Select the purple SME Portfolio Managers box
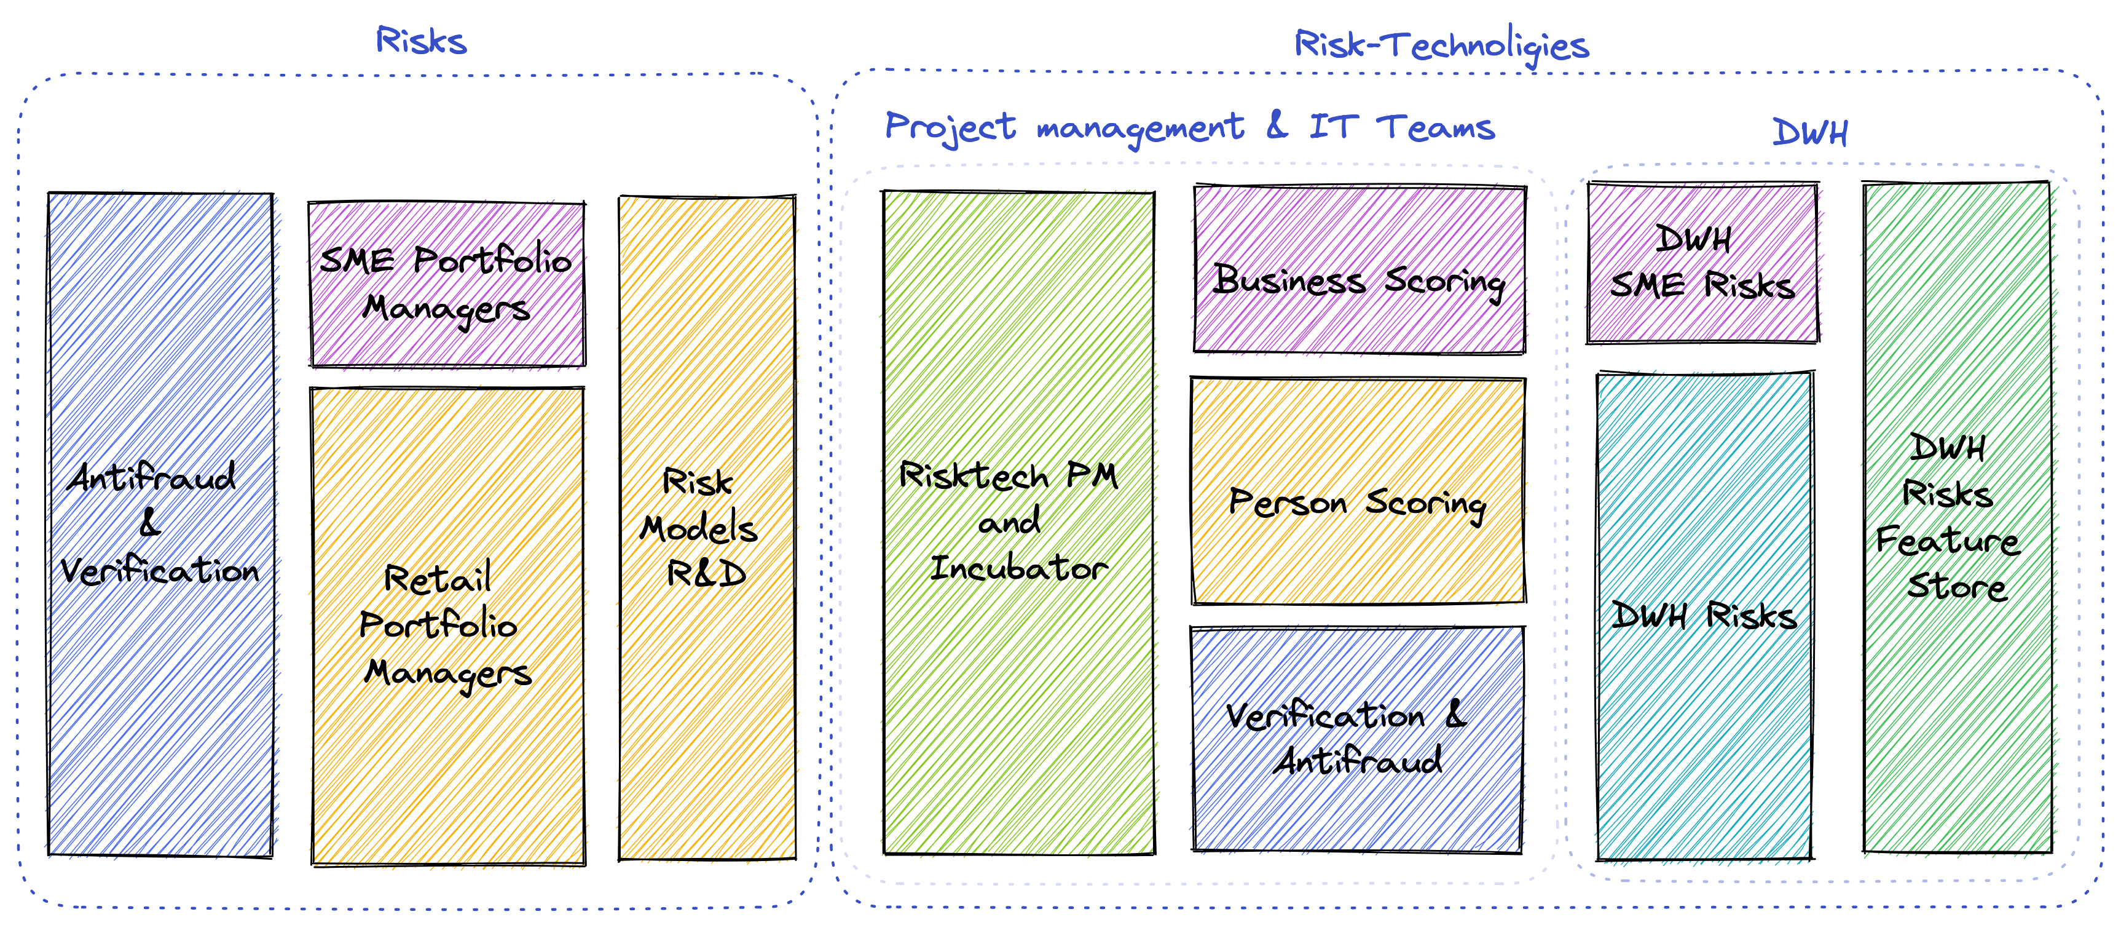pos(446,284)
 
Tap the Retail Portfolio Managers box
pos(448,626)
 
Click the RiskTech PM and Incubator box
pos(1018,522)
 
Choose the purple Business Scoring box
pos(1358,270)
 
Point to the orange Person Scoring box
pos(1358,492)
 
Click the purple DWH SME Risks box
pos(1702,262)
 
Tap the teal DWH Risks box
pos(1704,616)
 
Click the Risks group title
pos(421,41)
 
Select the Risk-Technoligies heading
pos(1441,44)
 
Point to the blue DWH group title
pos(1810,132)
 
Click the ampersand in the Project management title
pos(1276,126)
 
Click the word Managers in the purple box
pos(446,311)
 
